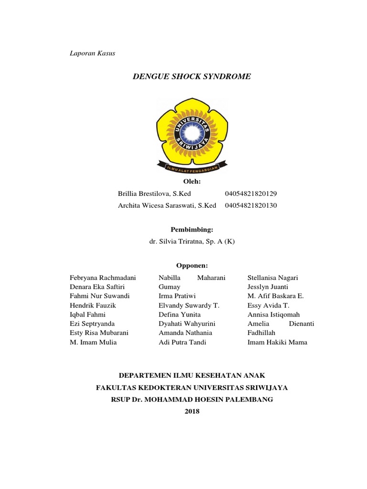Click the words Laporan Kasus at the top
coord(92,53)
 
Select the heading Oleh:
coord(192,182)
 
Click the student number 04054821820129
coord(250,194)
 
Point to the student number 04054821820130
coord(250,205)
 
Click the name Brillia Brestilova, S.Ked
coord(154,194)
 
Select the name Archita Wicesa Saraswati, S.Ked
coord(167,205)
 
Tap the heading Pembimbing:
coord(192,230)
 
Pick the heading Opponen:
coord(192,266)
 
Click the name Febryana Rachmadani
coord(103,277)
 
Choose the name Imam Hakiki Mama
coord(277,342)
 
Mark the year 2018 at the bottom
coord(192,411)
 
